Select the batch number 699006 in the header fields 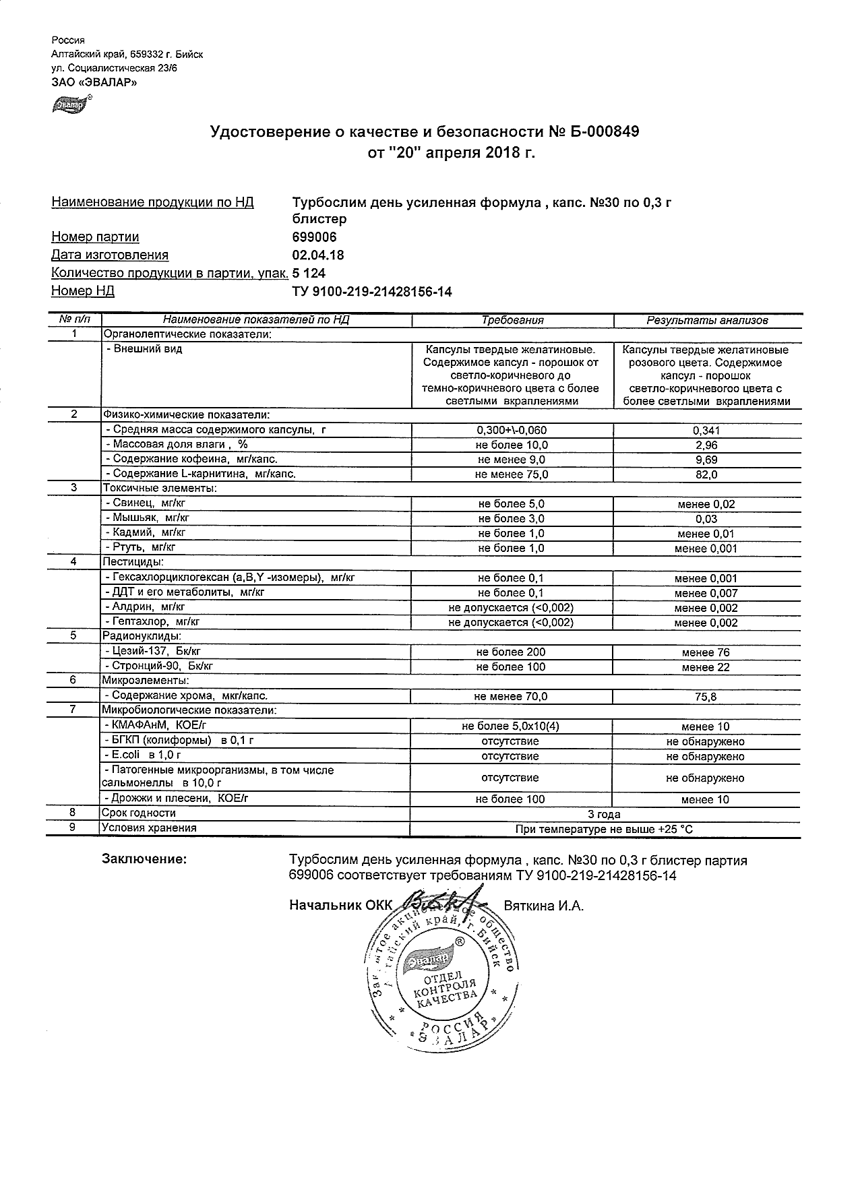(x=314, y=237)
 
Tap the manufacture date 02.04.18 (x=317, y=255)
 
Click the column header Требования (x=512, y=321)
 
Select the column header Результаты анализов (x=707, y=321)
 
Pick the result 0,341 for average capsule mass (x=706, y=431)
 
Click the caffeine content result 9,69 (x=706, y=460)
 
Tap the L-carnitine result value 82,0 (x=706, y=474)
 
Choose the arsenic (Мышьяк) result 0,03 (x=706, y=519)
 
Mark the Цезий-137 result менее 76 (x=706, y=652)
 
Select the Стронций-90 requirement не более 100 (x=511, y=666)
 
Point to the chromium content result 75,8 (x=706, y=697)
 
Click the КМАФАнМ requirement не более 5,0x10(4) (x=511, y=726)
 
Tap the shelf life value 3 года (x=604, y=814)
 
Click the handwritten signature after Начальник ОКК (x=445, y=902)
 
